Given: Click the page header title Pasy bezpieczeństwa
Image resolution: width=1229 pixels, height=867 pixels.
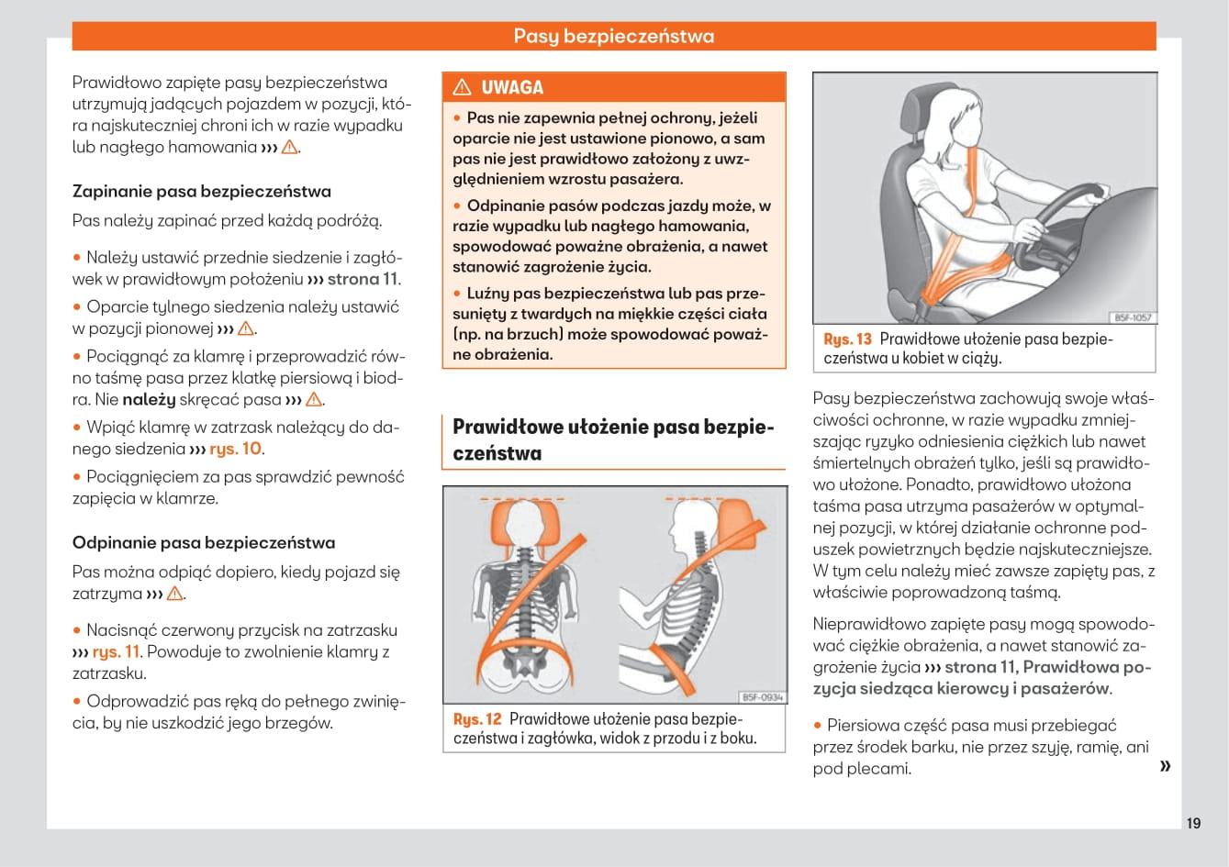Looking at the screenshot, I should tap(613, 37).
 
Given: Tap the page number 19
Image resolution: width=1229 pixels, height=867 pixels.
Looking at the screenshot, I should tap(1192, 823).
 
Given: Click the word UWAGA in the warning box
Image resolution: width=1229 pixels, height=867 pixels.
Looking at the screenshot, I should tap(512, 88).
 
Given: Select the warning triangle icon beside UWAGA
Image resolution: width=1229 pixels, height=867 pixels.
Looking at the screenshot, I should tap(462, 88).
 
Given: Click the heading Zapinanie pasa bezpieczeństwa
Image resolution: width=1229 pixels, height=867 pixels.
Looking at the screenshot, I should tap(201, 192).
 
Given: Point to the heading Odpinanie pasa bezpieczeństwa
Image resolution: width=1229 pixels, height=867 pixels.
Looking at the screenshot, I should tap(204, 543).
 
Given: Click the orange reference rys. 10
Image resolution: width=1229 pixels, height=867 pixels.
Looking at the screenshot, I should tap(236, 450).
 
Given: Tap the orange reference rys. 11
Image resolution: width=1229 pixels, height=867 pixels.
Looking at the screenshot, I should tap(117, 652).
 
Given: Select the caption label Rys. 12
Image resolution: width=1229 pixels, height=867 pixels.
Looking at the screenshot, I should tap(477, 719).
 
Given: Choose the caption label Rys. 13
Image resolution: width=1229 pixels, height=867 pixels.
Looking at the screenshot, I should tap(847, 339).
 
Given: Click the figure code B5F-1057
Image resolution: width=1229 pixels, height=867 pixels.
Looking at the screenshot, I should tap(1132, 317).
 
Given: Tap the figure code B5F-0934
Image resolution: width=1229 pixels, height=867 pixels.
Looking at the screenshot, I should tap(762, 697).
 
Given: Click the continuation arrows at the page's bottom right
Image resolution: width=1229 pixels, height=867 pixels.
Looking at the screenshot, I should tap(1165, 766).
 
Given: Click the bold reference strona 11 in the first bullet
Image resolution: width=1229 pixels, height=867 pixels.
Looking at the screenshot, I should tap(363, 280).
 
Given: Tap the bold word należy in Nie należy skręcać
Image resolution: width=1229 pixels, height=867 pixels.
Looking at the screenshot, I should tap(149, 400).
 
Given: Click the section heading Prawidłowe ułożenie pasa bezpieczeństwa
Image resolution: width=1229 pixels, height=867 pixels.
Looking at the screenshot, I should tap(613, 440).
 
